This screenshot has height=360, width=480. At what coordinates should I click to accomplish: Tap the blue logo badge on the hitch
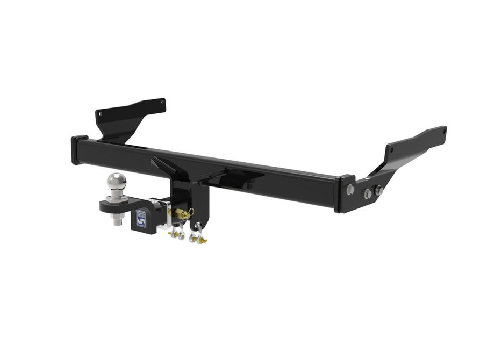tap(141, 218)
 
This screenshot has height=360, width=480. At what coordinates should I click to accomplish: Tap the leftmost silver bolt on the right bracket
tap(350, 189)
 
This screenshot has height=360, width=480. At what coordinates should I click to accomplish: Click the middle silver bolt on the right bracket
tap(368, 193)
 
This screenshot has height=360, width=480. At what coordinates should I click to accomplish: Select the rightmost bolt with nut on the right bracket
tap(378, 191)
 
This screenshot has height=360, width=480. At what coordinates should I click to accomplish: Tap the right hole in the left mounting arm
tap(162, 102)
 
